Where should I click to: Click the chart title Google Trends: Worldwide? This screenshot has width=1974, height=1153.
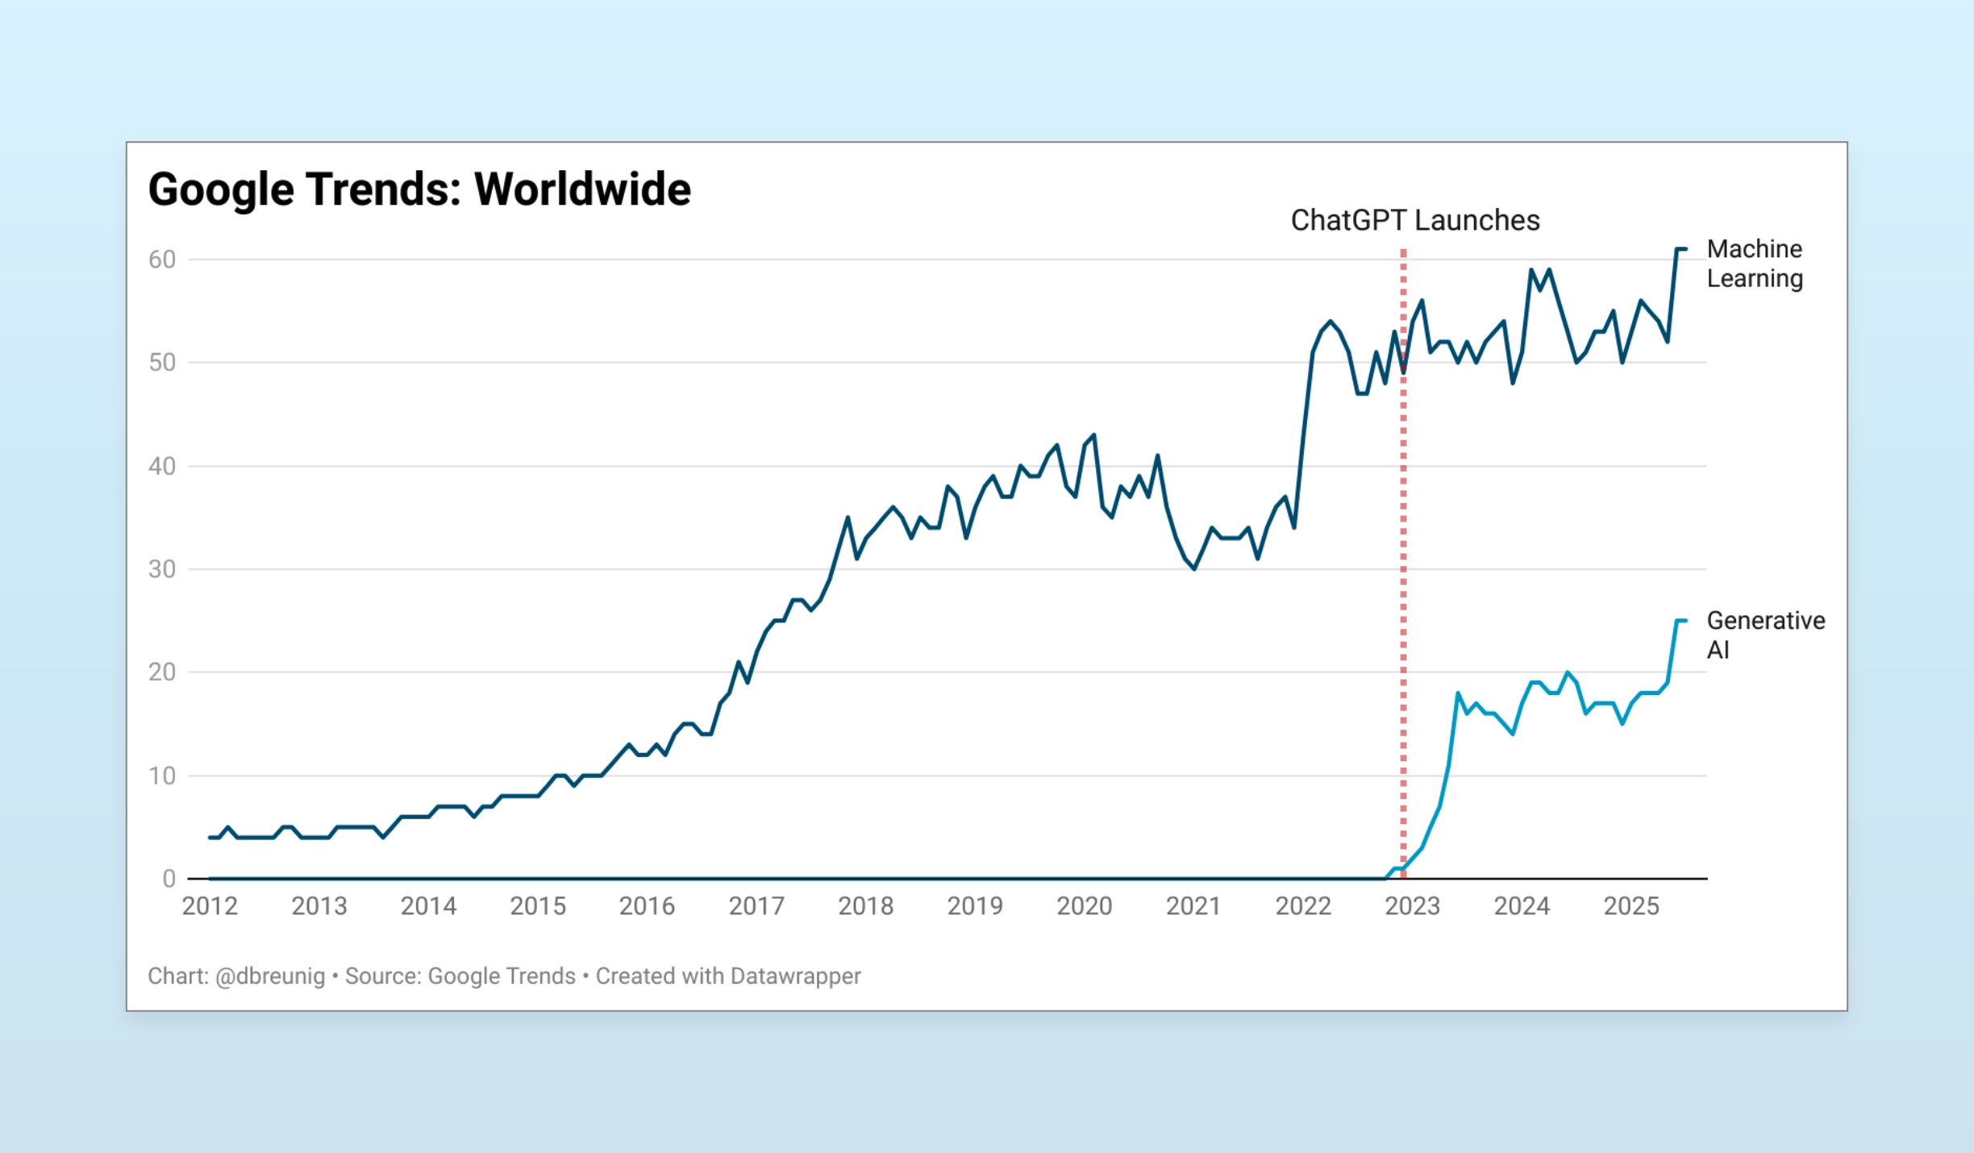419,189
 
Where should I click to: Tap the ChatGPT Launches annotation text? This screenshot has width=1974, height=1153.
1414,220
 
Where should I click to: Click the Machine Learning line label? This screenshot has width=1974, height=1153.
1754,264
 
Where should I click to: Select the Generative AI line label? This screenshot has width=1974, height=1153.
1764,635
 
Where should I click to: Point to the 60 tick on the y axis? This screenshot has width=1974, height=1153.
162,260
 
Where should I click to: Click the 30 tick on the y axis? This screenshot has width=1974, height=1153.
162,569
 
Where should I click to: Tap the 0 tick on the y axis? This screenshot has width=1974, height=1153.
169,879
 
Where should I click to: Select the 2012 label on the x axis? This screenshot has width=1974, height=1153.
210,906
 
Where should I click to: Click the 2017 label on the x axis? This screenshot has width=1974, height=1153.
756,906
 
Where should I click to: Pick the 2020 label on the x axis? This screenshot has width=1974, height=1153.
1084,906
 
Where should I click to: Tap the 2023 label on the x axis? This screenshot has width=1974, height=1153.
1412,906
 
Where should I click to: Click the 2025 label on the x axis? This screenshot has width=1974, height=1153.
1630,906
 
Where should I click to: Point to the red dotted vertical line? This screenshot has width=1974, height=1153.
1403,564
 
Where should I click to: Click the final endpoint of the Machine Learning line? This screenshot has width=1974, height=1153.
1685,249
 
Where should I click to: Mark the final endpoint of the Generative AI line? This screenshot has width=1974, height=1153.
1685,620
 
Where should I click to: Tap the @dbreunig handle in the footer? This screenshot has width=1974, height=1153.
270,976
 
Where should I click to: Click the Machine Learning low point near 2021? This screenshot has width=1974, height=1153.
1193,569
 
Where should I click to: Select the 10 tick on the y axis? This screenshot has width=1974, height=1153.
162,776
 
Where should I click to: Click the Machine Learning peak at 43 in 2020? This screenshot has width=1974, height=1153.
1093,435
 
